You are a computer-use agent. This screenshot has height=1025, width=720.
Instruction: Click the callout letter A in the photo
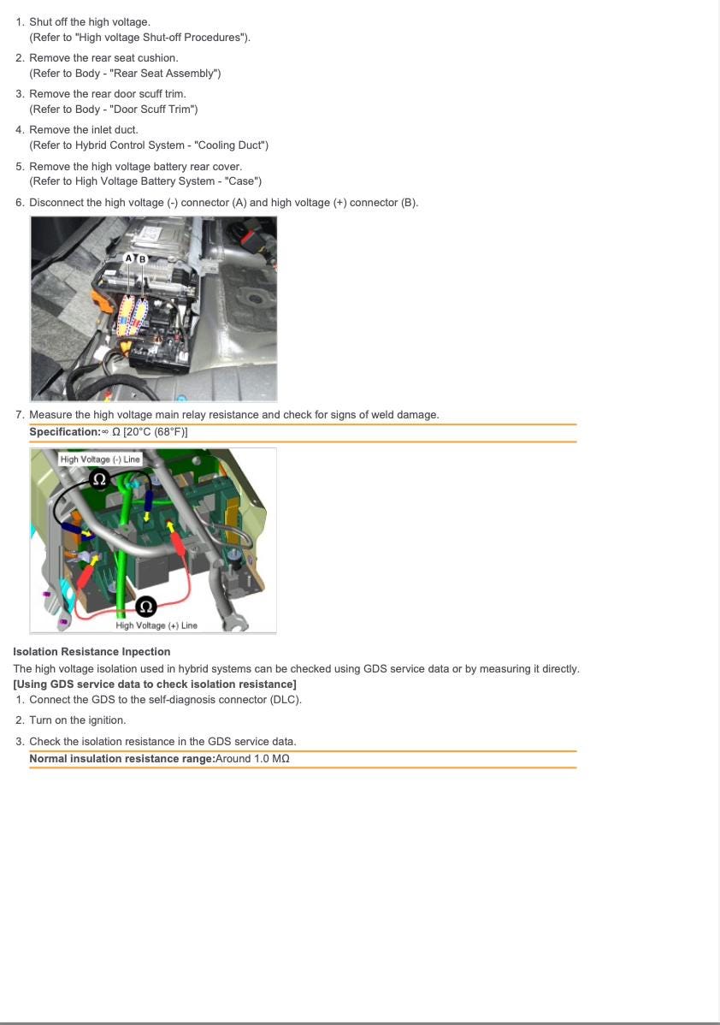pos(129,258)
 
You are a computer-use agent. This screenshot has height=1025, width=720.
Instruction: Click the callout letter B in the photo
pos(142,258)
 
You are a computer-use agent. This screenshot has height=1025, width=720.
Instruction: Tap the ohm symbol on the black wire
pos(99,479)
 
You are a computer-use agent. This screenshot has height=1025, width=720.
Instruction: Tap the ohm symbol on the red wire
pos(146,607)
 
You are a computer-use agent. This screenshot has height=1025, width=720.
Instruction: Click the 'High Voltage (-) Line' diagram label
pos(100,459)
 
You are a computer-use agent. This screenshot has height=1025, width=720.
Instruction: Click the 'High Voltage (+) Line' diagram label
pos(156,625)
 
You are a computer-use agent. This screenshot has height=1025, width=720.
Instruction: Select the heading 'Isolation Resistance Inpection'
pos(91,652)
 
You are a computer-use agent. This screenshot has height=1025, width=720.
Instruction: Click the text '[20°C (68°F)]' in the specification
pos(156,432)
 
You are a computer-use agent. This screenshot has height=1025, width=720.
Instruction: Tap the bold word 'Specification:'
pos(64,432)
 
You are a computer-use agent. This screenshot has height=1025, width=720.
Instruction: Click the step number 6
pos(20,203)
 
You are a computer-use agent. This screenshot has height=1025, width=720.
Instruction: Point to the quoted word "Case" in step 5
pos(241,181)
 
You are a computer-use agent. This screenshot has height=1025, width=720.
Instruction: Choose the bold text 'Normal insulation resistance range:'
pos(121,759)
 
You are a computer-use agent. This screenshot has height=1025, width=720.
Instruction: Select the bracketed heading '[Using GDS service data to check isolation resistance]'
pos(155,684)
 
